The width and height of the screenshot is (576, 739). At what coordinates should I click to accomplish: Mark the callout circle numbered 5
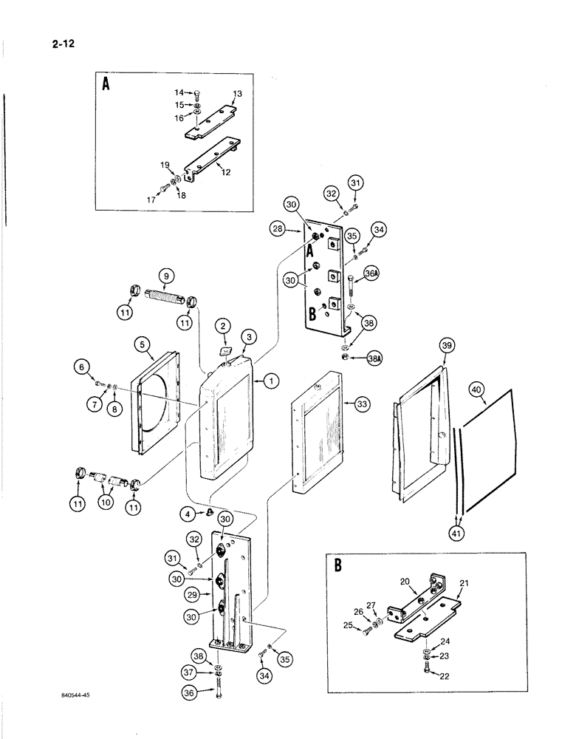coord(143,344)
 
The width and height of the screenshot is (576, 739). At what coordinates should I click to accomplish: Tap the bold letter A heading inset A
coord(106,84)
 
